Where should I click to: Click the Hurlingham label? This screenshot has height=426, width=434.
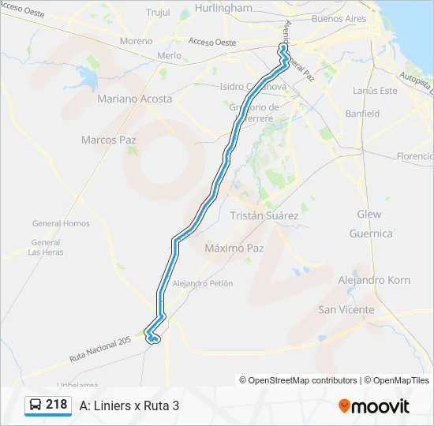coord(223,8)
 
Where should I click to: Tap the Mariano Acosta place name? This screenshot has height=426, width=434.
coord(134,99)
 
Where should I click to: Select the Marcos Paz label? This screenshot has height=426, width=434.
coord(109,140)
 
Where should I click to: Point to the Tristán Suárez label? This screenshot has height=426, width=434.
coord(264,215)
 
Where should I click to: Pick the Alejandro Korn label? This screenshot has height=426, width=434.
coord(374,280)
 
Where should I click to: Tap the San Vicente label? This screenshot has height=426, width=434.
coord(346,310)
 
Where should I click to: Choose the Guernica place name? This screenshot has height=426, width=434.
coord(371,234)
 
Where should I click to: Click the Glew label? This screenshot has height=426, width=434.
coord(369,215)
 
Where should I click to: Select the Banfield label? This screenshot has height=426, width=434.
coord(362,114)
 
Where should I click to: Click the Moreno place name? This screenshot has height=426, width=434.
coord(136,41)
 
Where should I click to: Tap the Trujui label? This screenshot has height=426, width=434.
coord(159,13)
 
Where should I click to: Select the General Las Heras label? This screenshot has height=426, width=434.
coord(46,247)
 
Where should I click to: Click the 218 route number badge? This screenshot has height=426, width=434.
coord(48,405)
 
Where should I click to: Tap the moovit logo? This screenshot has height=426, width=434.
coord(374,406)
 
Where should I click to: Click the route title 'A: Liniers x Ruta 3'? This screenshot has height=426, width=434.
coord(129,405)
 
